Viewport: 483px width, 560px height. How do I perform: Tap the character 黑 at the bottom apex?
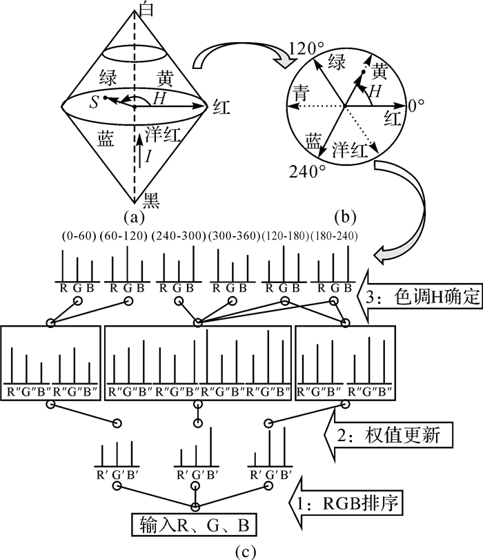click(152, 200)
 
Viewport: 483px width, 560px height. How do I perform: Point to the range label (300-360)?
click(234, 236)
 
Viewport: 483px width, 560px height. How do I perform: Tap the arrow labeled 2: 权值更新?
click(387, 436)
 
